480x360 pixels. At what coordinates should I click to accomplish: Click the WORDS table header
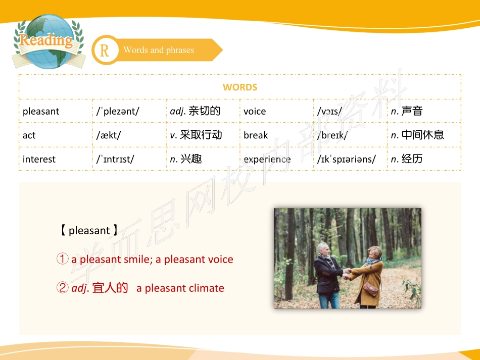click(x=240, y=87)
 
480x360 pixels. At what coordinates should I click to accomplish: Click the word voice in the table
click(x=255, y=112)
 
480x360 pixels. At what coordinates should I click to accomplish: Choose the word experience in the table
click(x=267, y=160)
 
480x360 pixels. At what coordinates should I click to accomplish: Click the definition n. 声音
click(x=407, y=111)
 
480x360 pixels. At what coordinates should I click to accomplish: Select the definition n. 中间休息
click(x=417, y=135)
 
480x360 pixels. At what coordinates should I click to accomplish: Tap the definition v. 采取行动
click(x=196, y=135)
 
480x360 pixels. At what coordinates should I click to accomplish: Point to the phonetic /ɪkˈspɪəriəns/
click(x=347, y=160)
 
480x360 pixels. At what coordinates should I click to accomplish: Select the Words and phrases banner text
click(x=159, y=50)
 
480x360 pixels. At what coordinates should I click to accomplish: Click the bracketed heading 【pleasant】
click(x=89, y=231)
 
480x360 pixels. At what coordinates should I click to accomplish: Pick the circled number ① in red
click(x=62, y=260)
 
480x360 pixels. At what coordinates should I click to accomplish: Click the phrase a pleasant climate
click(x=180, y=288)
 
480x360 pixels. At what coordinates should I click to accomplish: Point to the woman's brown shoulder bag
click(x=370, y=289)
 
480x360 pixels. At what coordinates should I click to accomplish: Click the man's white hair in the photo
click(x=323, y=246)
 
